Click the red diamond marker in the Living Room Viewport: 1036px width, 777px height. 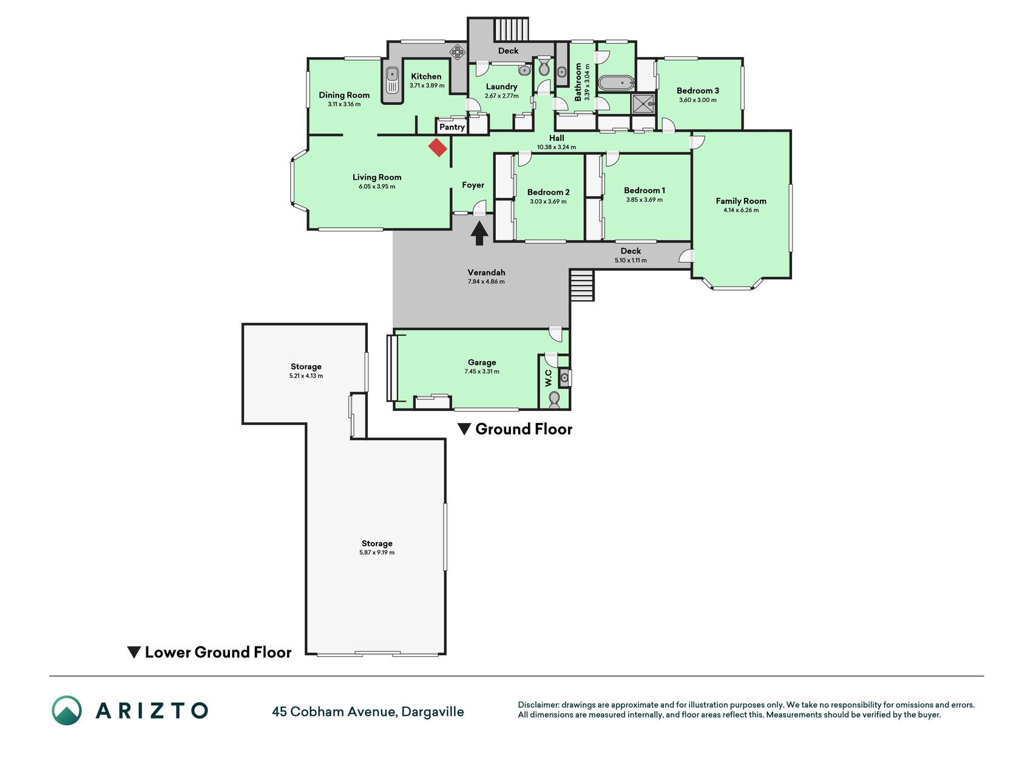point(438,148)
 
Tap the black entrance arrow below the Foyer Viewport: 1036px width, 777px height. point(479,233)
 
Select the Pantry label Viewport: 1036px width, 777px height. point(452,127)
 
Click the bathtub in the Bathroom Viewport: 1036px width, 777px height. point(616,83)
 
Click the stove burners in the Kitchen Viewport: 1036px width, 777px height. point(457,53)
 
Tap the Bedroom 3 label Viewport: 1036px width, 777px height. point(698,90)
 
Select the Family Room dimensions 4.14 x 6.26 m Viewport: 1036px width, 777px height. point(741,210)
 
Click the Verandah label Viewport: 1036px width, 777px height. point(486,273)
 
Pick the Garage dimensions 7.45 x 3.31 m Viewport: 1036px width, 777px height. point(482,372)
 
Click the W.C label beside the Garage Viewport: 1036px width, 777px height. point(549,378)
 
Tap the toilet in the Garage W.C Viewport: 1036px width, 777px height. point(554,399)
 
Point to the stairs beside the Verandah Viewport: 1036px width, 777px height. point(581,285)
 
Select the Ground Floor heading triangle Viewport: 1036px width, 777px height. point(464,429)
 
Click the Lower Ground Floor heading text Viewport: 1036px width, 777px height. point(218,653)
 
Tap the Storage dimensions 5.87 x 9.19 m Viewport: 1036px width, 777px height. point(377,552)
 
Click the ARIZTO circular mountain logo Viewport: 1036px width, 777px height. point(67,710)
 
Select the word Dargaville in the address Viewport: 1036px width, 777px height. point(433,712)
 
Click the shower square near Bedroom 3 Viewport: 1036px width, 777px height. point(644,104)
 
